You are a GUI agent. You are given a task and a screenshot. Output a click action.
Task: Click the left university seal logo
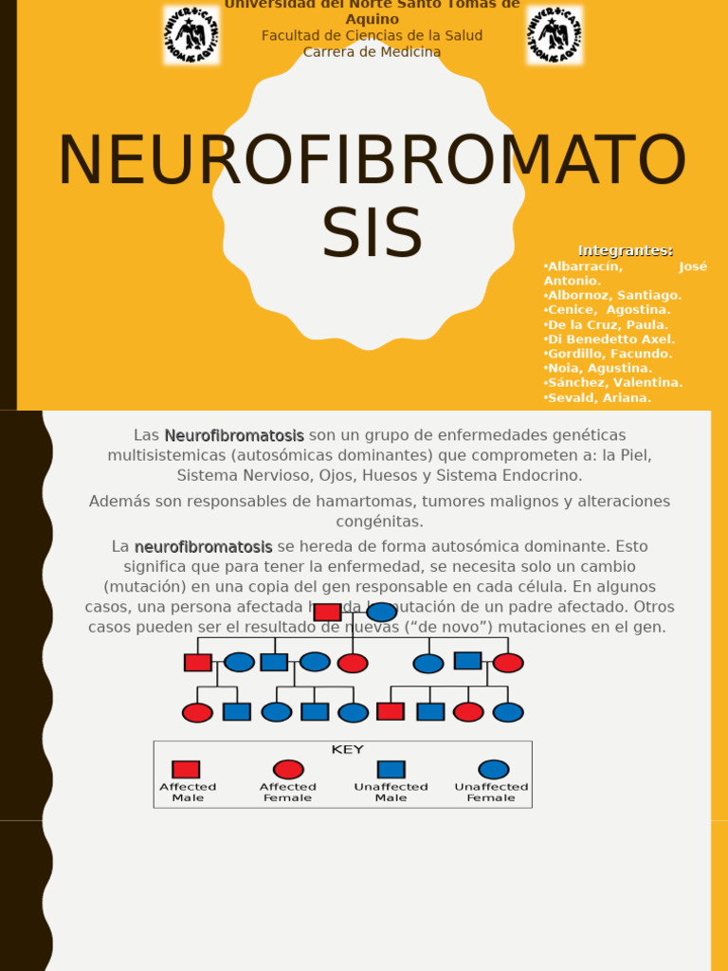point(191,35)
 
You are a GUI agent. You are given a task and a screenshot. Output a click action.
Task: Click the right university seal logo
point(555,35)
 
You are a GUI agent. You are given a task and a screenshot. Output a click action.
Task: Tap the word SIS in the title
point(372,233)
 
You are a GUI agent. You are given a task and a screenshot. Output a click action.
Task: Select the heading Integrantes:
point(626,250)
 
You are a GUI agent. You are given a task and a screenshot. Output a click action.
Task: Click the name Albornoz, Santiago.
point(613,296)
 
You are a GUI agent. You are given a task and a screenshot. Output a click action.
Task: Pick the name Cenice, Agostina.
point(608,310)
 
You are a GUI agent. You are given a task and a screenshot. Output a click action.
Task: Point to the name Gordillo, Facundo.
point(609,354)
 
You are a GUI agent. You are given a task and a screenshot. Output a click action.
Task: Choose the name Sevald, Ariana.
point(598,397)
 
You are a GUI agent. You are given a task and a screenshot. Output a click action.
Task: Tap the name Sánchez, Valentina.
point(613,383)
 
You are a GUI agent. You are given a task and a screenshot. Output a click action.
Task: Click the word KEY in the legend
point(347,750)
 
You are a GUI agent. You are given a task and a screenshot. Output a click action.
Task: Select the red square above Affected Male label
point(186,769)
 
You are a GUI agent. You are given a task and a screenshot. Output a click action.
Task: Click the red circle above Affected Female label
point(288,769)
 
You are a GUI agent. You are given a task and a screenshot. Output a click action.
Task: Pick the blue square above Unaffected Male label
point(391,769)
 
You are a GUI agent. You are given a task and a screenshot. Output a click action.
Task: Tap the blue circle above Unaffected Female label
point(493,769)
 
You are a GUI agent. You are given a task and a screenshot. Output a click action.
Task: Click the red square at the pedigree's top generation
point(327,612)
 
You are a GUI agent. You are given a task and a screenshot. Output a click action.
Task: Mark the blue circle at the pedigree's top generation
point(381,612)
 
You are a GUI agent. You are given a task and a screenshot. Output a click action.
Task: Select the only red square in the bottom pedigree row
point(391,711)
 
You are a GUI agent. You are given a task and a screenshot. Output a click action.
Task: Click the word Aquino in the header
point(372,19)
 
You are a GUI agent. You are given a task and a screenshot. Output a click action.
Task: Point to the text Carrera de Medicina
point(372,52)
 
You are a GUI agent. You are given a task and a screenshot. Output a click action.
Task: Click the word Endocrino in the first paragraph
point(542,475)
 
